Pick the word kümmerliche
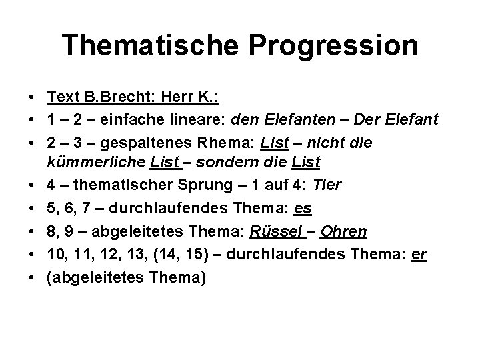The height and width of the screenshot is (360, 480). (x=97, y=162)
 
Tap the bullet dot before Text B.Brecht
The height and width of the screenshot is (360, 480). (x=32, y=99)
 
